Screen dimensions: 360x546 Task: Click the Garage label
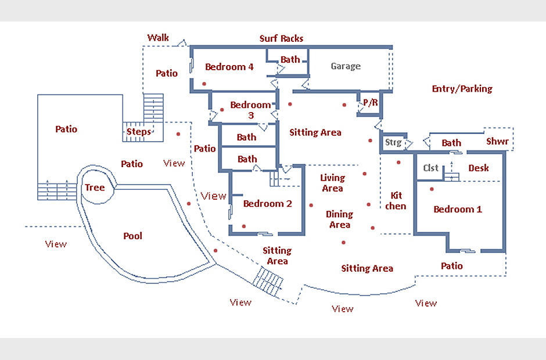click(346, 66)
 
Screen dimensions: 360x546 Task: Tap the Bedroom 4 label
click(229, 67)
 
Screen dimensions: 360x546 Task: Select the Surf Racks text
click(281, 38)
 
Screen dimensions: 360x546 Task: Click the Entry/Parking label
click(462, 89)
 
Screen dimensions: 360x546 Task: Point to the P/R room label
click(370, 103)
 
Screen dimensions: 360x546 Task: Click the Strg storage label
click(393, 142)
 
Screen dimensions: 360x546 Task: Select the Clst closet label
click(431, 168)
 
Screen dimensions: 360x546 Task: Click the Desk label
click(479, 168)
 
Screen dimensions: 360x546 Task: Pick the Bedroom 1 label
click(458, 209)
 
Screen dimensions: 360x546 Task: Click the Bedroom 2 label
click(267, 203)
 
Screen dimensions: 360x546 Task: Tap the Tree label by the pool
click(95, 187)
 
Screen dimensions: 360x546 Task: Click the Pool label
click(132, 236)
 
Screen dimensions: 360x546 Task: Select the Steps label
click(139, 131)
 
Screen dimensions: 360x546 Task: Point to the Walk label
click(158, 38)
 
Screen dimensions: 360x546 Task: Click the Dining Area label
click(339, 219)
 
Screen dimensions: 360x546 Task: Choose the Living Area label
click(332, 183)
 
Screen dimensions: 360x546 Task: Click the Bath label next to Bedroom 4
click(290, 59)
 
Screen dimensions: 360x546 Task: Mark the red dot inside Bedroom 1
click(432, 189)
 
